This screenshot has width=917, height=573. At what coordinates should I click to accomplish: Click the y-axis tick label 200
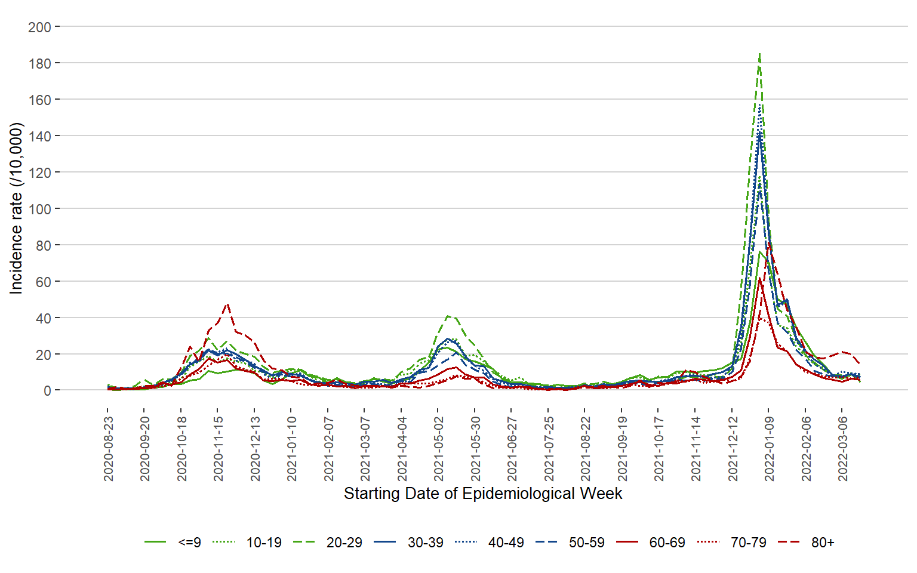(39, 27)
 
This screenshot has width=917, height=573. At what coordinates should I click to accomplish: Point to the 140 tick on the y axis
(39, 136)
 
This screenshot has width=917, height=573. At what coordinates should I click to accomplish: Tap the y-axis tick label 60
(43, 282)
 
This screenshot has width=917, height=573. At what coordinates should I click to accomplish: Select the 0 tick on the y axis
(47, 391)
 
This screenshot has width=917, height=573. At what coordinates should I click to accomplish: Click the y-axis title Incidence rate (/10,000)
(16, 208)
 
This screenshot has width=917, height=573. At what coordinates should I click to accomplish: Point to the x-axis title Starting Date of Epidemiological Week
(483, 494)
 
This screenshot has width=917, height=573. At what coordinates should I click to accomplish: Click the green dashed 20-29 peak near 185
(759, 54)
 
